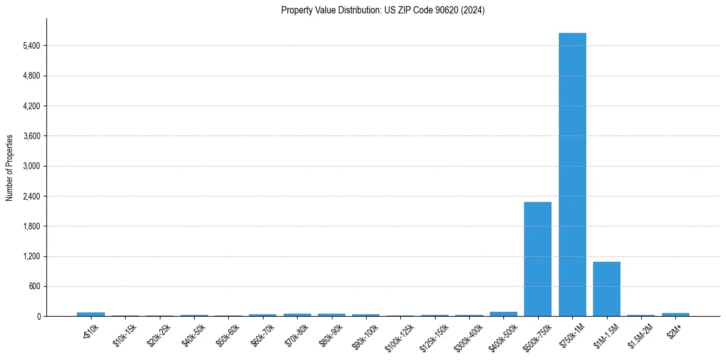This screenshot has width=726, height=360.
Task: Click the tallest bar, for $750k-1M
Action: (x=572, y=175)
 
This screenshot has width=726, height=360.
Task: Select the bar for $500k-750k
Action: (x=537, y=259)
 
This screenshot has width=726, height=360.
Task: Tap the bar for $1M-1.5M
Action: (x=606, y=289)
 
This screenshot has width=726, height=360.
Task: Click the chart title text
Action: (x=383, y=10)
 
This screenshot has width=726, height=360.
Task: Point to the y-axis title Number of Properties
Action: (x=10, y=168)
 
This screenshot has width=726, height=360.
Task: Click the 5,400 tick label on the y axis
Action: (x=31, y=46)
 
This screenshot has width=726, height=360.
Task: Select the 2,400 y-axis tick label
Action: (x=31, y=196)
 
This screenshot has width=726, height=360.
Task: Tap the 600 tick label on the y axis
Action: (x=34, y=286)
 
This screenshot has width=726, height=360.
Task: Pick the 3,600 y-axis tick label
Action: (x=31, y=136)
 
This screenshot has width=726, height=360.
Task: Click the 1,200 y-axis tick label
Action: (x=31, y=256)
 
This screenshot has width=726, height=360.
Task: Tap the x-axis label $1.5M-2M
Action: (x=639, y=334)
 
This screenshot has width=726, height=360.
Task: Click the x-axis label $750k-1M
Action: (x=571, y=334)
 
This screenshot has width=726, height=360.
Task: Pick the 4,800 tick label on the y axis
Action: (x=31, y=76)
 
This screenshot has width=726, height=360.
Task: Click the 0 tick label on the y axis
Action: (x=38, y=316)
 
